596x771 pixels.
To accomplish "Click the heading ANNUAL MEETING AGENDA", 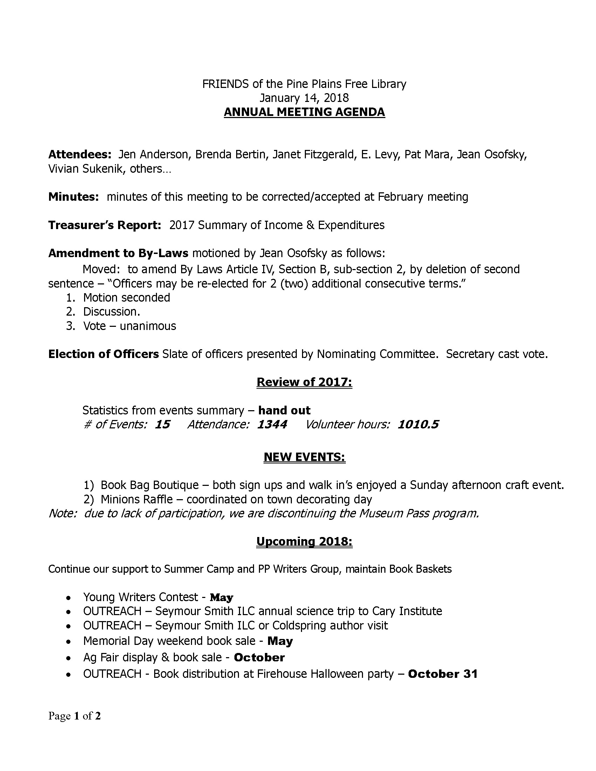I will [x=304, y=112].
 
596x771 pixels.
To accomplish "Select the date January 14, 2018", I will [x=304, y=98].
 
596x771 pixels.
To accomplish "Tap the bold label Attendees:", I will [x=80, y=154].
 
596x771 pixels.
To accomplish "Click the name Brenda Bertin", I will [x=230, y=154].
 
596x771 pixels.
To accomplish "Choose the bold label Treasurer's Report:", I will [x=105, y=225].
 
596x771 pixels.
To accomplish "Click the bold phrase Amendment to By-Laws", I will [x=118, y=253].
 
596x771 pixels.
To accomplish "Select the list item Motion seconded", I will [x=126, y=298].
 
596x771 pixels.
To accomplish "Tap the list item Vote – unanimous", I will [x=129, y=326].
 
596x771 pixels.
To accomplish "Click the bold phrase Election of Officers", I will [x=103, y=354].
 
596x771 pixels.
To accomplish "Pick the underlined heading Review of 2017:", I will [x=304, y=382].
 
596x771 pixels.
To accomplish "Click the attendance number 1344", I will [x=272, y=424].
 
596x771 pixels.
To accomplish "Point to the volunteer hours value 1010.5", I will [x=418, y=424].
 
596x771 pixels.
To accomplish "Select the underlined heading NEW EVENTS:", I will [x=304, y=457].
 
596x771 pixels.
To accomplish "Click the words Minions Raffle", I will [x=137, y=500].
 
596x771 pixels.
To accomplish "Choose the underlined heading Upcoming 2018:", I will [x=304, y=542].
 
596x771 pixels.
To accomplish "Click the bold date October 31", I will [x=443, y=674].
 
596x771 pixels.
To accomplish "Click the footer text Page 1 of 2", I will [x=75, y=716].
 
